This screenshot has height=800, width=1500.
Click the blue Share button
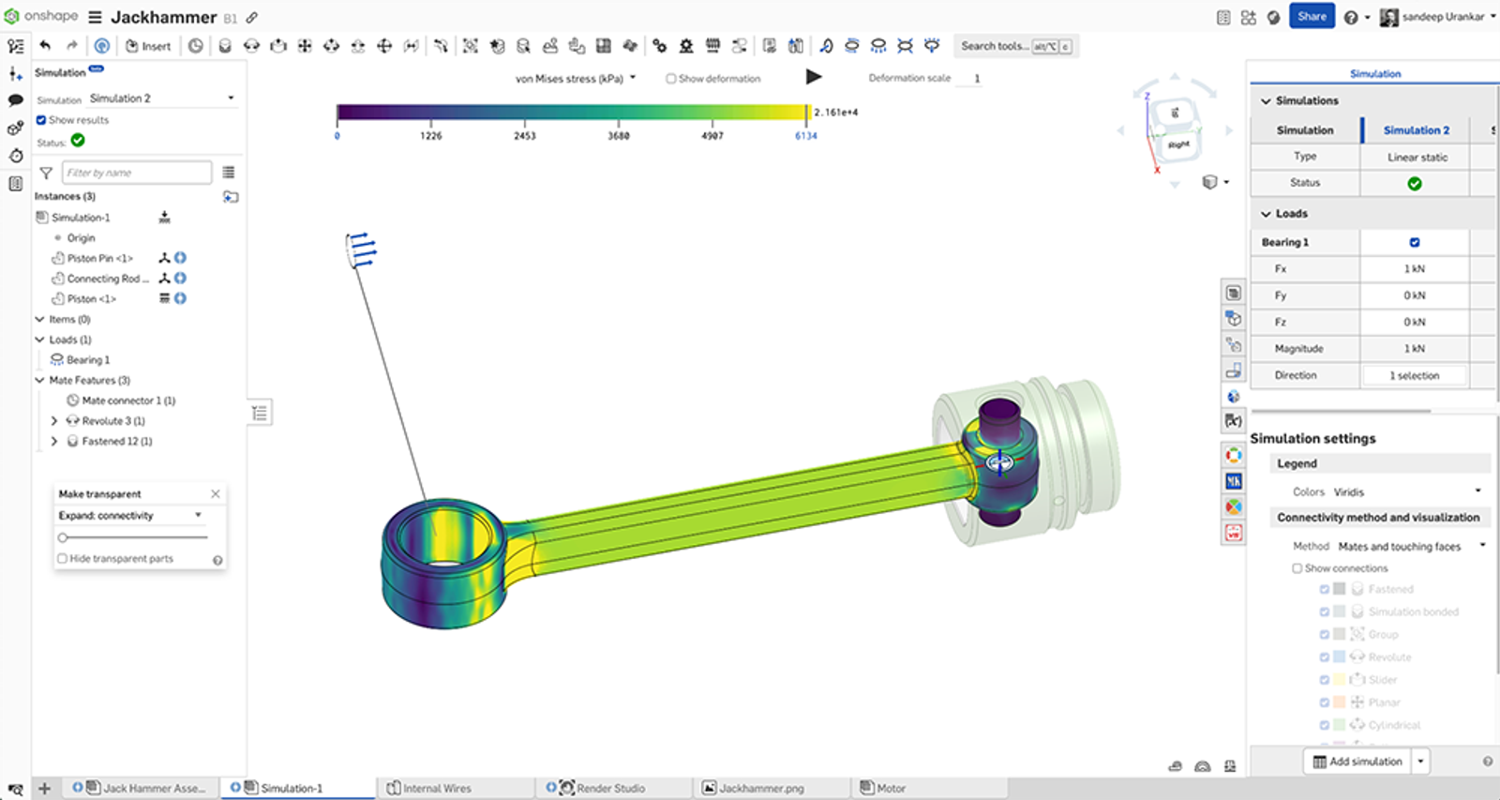(x=1311, y=16)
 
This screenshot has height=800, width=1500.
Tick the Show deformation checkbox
(x=671, y=79)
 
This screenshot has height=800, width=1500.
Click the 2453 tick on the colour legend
(x=524, y=135)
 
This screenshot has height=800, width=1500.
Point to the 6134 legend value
(x=805, y=136)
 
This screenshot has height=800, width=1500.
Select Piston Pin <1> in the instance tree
(x=99, y=258)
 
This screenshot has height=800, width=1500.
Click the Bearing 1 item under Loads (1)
(x=87, y=360)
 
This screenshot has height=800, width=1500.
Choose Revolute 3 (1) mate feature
(x=112, y=421)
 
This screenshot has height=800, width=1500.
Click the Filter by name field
(x=137, y=173)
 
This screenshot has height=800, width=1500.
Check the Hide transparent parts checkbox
(x=63, y=559)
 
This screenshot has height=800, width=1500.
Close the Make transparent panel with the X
(x=216, y=493)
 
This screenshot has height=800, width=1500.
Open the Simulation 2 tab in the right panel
(x=1416, y=130)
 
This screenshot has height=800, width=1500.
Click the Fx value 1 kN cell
(x=1414, y=269)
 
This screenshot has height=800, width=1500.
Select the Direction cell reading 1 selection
(x=1414, y=375)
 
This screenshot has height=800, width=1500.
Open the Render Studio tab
(x=609, y=788)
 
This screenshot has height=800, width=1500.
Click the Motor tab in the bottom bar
(x=890, y=788)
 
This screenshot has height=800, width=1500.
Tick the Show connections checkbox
(x=1297, y=568)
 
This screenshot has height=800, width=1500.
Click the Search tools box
(x=995, y=46)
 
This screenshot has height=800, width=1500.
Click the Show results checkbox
(x=41, y=120)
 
